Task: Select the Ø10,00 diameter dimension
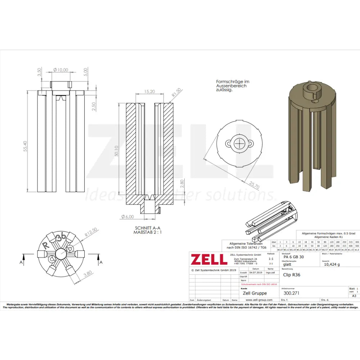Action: click(60, 70)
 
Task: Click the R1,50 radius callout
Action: click(176, 92)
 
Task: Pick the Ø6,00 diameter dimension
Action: click(127, 216)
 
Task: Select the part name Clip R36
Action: click(292, 274)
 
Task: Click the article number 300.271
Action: click(292, 293)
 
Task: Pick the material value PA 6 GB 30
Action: click(293, 257)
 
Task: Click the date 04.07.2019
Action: click(256, 273)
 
